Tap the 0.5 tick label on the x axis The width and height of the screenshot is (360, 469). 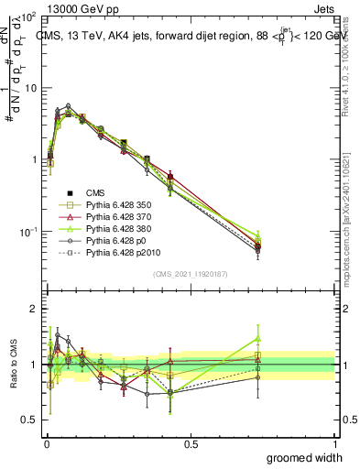click(x=190, y=444)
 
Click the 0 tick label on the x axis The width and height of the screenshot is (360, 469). click(x=45, y=444)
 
